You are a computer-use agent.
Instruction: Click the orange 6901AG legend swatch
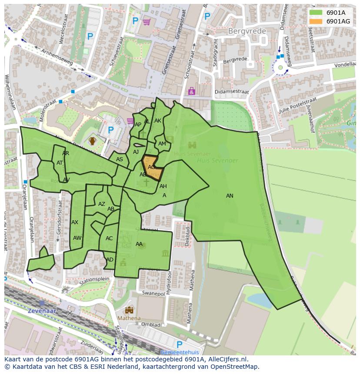pyautogui.click(x=316, y=21)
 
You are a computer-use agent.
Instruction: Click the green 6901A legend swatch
pyautogui.click(x=316, y=13)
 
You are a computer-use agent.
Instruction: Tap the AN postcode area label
pyautogui.click(x=230, y=196)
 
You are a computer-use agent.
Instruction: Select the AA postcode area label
pyautogui.click(x=139, y=244)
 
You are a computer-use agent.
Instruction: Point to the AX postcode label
pyautogui.click(x=75, y=222)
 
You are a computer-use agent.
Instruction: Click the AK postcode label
pyautogui.click(x=158, y=121)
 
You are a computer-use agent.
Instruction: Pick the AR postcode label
pyautogui.click(x=66, y=153)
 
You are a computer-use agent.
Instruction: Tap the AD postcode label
pyautogui.click(x=110, y=260)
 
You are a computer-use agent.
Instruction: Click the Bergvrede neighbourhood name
pyautogui.click(x=245, y=31)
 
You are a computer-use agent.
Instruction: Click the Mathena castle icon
pyautogui.click(x=129, y=310)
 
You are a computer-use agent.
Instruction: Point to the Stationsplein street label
pyautogui.click(x=94, y=280)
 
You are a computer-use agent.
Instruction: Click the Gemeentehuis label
pyautogui.click(x=179, y=352)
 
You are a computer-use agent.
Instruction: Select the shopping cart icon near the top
pyautogui.click(x=147, y=21)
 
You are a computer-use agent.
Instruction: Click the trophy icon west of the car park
pyautogui.click(x=92, y=141)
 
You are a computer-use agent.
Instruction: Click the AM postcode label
pyautogui.click(x=162, y=144)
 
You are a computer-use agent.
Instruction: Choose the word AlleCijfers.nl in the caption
pyautogui.click(x=226, y=360)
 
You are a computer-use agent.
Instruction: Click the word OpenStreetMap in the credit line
pyautogui.click(x=235, y=367)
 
